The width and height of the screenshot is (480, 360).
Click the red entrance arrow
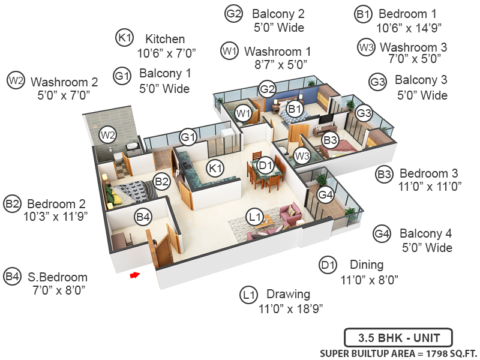pos(135,275)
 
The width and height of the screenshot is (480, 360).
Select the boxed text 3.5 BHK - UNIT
pos(397,337)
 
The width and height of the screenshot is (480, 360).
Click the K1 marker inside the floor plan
pos(215,167)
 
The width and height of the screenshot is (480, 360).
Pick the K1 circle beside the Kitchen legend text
pos(124,38)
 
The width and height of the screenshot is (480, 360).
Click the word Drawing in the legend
pos(288,294)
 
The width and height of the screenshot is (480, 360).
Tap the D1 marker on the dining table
pos(265,163)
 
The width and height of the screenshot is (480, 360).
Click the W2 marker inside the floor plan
pos(107,135)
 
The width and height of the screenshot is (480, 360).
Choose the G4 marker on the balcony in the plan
pos(325,195)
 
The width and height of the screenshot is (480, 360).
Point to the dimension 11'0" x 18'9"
pos(290,308)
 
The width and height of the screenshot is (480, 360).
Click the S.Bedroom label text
pos(58,277)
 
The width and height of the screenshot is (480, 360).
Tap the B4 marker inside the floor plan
pos(143,217)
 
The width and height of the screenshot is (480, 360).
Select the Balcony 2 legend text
pos(278,14)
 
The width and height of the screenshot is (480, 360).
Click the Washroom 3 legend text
pos(413,47)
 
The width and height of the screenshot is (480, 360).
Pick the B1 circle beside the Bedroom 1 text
pos(362,13)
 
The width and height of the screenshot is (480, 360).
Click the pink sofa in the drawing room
pos(291,214)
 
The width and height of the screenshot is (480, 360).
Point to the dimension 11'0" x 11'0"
pos(430,187)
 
